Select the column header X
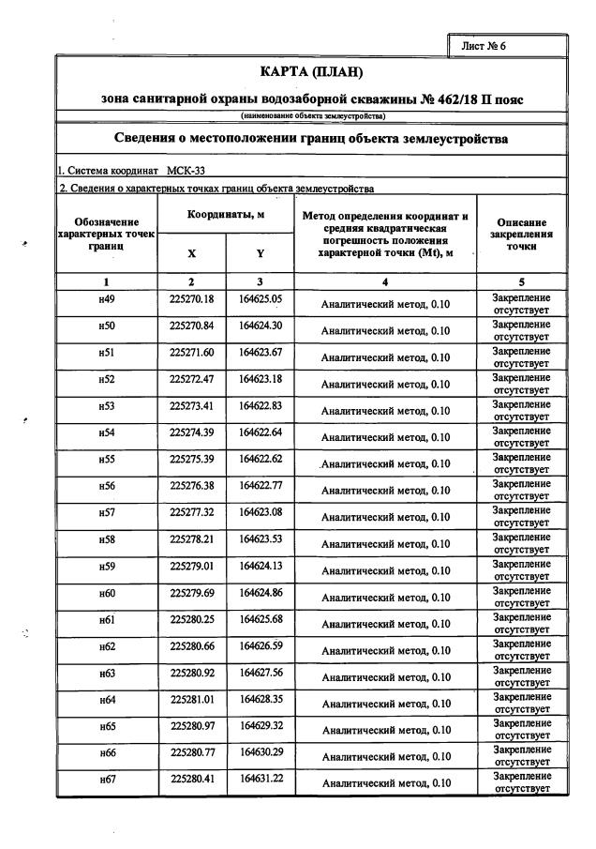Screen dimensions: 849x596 191,253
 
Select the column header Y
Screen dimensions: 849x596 260,253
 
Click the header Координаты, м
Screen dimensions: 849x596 225,215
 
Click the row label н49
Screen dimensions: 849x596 106,299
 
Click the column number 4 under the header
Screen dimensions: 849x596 385,281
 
